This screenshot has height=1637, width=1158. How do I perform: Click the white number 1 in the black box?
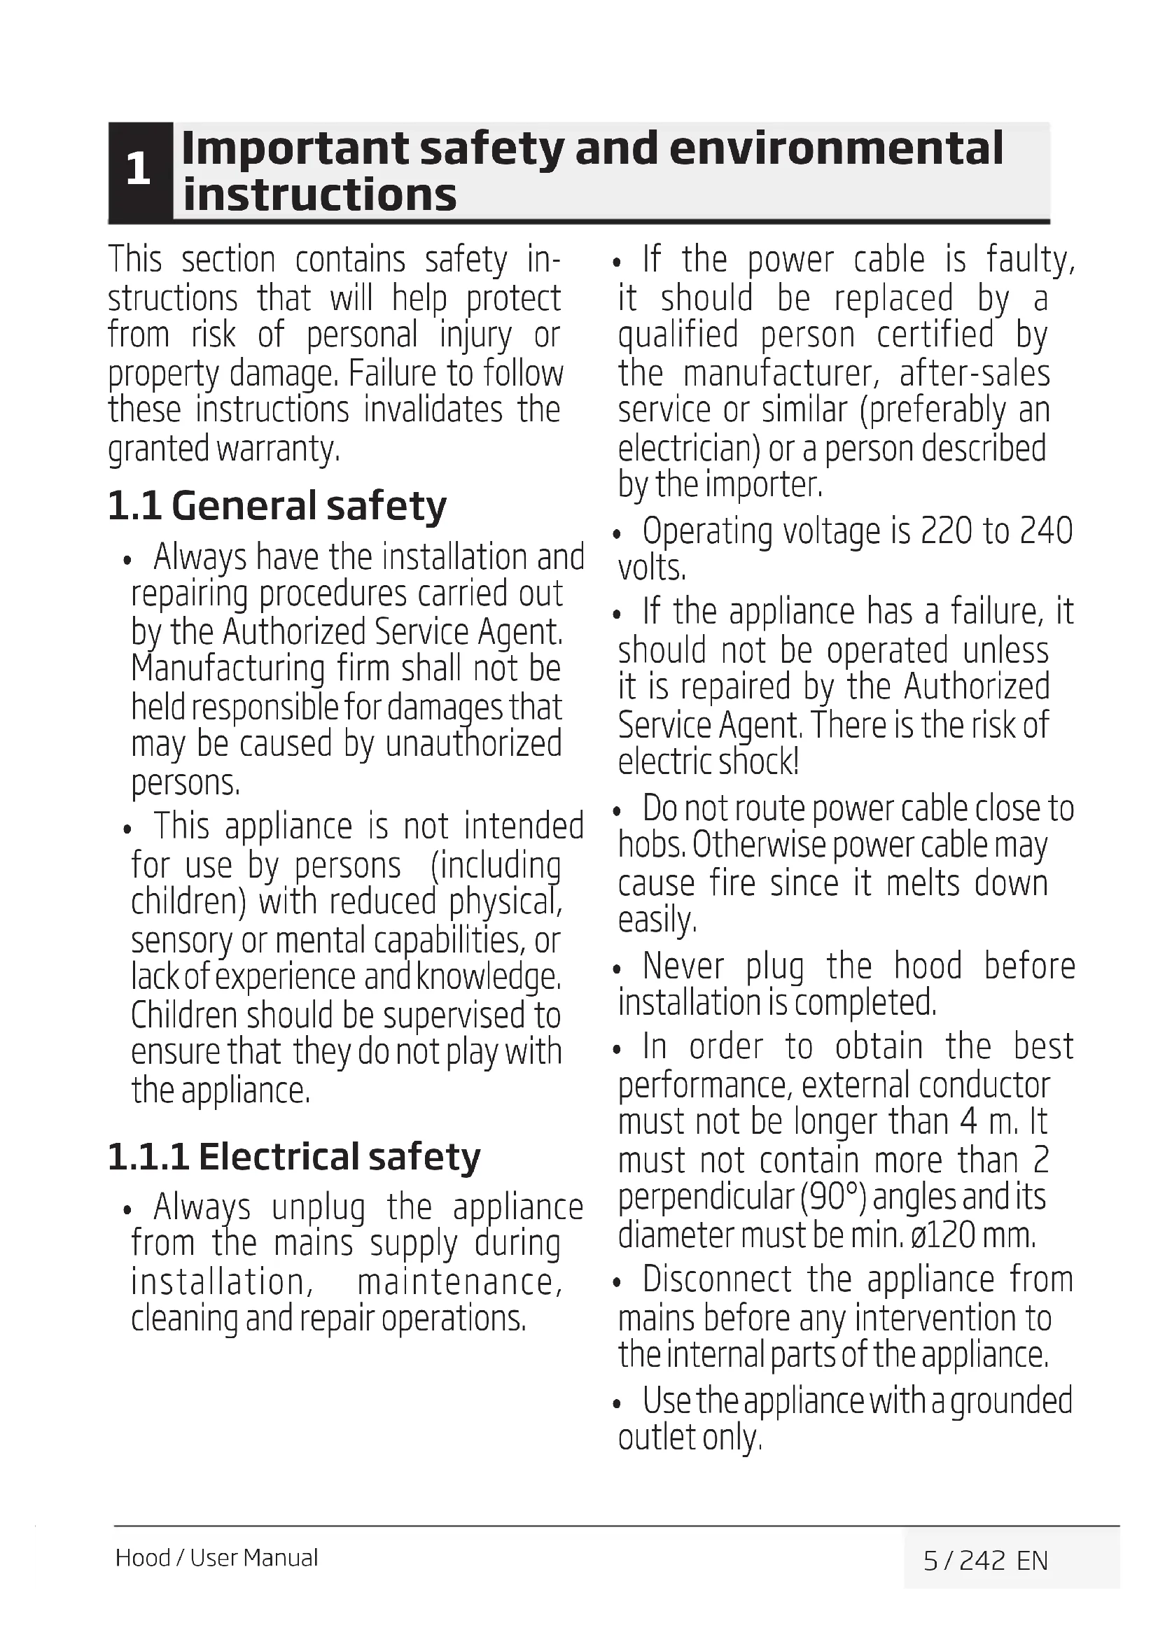click(139, 169)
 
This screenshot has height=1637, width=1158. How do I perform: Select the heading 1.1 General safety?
click(277, 506)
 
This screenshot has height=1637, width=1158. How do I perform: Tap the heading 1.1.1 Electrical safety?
click(294, 1157)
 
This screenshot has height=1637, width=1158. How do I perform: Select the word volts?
click(652, 568)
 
